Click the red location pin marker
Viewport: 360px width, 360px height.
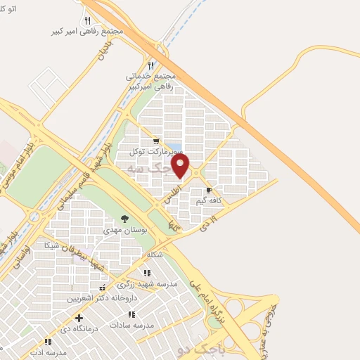[181, 165]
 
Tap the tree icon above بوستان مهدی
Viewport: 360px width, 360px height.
[125, 219]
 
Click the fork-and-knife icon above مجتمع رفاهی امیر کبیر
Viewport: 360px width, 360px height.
[87, 21]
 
